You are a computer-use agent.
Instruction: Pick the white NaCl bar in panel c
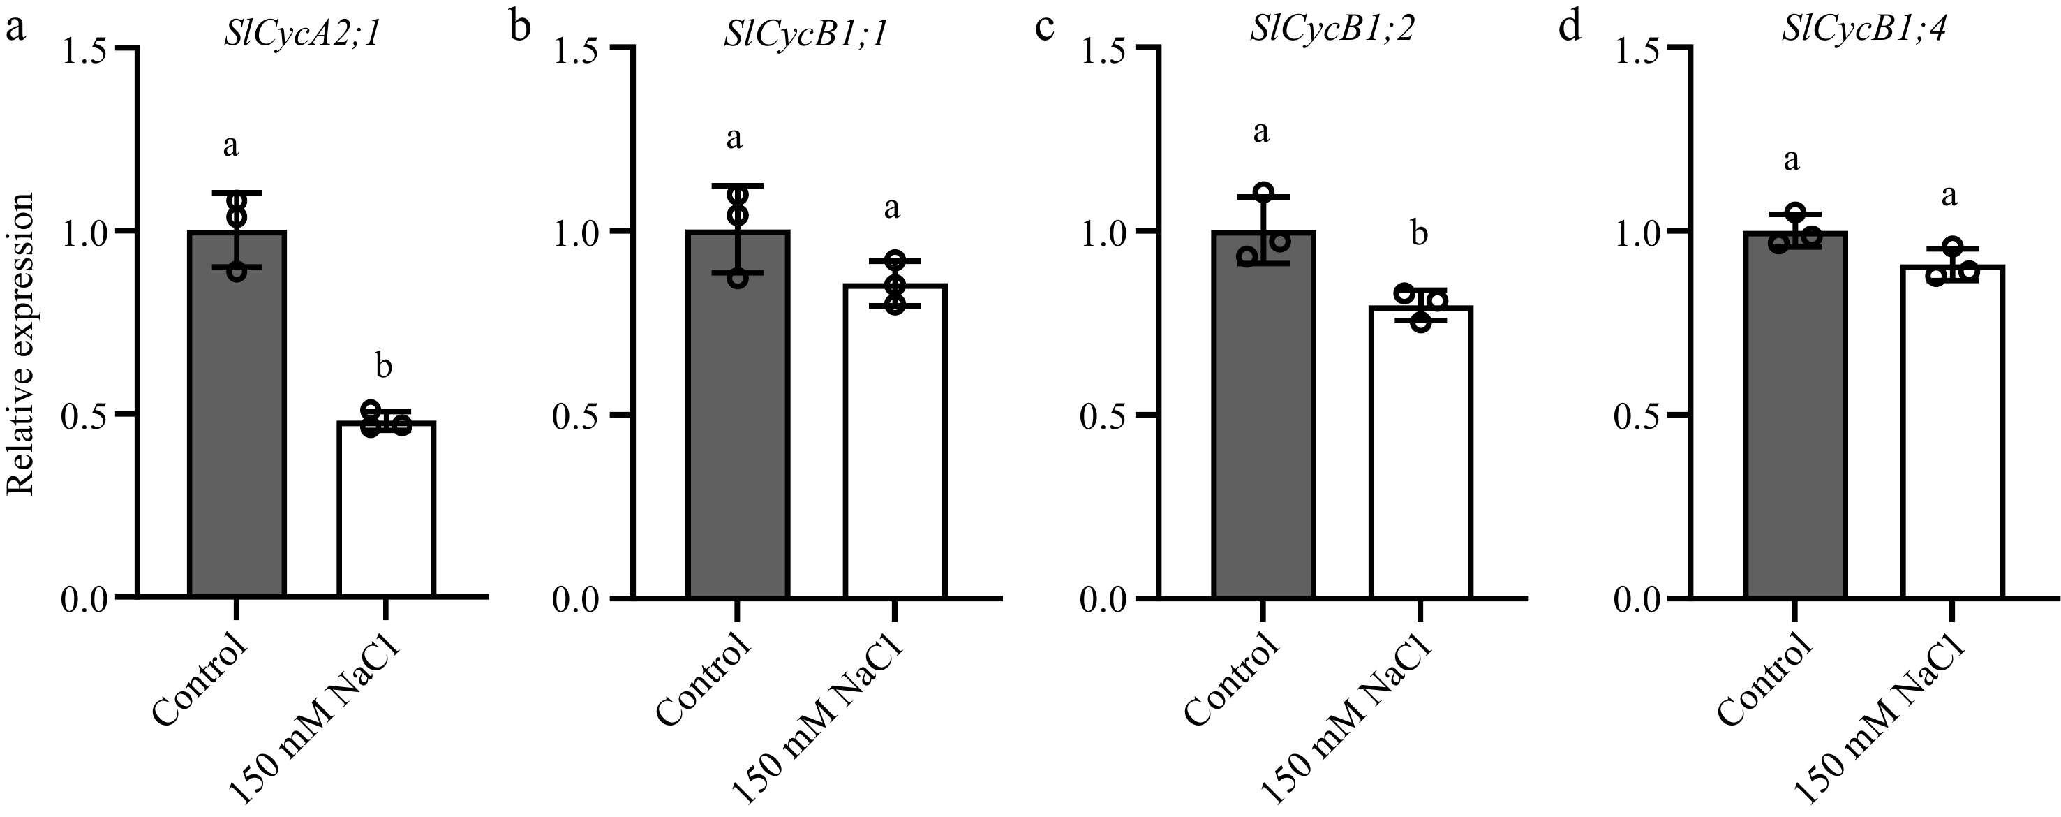[x=1420, y=456]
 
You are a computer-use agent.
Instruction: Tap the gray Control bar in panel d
[x=1794, y=416]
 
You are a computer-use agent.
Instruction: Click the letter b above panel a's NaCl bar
[x=384, y=367]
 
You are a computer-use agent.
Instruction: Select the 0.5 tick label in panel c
[x=1103, y=415]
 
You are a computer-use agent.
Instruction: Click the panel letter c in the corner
[x=1045, y=29]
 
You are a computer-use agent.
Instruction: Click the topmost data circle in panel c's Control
[x=1263, y=192]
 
